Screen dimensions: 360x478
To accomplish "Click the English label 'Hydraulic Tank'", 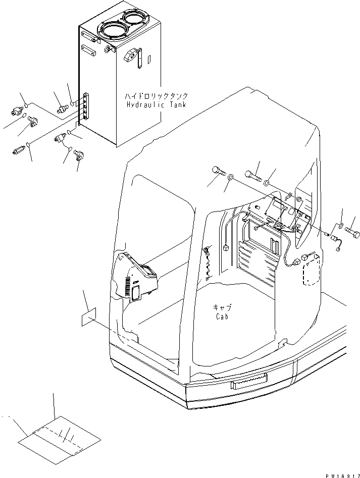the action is click(156, 105).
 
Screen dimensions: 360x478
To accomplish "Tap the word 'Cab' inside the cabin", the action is click(222, 316).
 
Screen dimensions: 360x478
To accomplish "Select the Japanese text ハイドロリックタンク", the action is click(157, 96).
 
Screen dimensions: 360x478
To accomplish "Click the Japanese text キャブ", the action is click(222, 307).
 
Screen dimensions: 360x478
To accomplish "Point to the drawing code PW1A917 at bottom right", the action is click(343, 475).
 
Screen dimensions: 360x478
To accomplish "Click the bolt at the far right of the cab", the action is click(352, 234).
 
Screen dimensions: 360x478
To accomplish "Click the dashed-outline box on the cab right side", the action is click(312, 270).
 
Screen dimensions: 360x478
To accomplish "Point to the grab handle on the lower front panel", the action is click(249, 381).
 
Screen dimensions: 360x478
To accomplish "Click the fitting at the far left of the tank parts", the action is click(17, 111).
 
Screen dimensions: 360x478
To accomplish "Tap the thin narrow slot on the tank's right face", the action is click(149, 60).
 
